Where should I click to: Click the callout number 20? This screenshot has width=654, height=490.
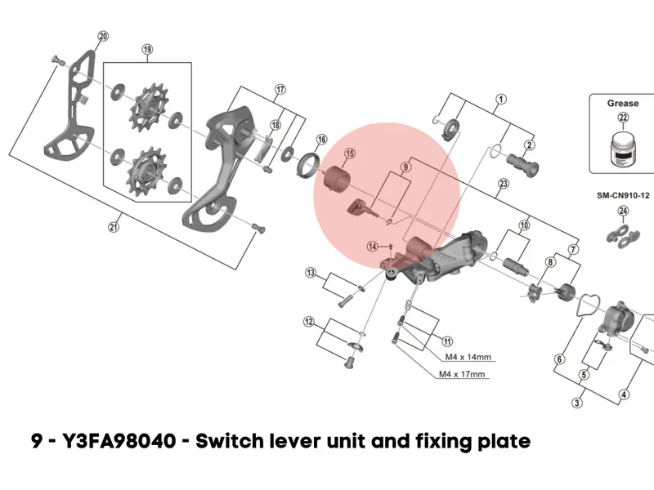tap(102, 36)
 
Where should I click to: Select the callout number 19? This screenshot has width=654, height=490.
tap(147, 49)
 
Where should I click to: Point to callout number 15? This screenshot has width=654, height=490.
tap(349, 154)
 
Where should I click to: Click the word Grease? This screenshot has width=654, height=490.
tap(623, 104)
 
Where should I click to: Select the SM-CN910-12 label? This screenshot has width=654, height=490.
tap(623, 196)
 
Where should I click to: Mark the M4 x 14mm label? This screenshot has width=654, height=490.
tap(467, 357)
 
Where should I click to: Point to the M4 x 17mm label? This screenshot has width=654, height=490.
tap(463, 374)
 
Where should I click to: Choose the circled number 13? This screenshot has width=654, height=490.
tap(311, 272)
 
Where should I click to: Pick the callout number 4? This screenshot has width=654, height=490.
tap(625, 395)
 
